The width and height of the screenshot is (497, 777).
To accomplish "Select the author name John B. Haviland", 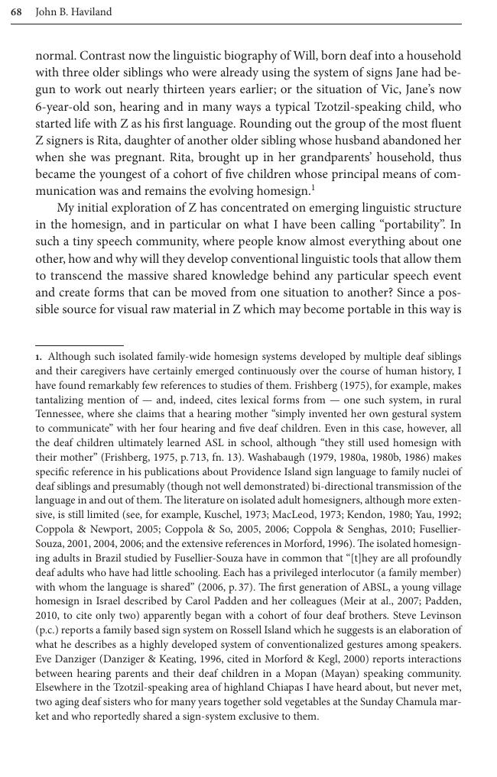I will pyautogui.click(x=73, y=12).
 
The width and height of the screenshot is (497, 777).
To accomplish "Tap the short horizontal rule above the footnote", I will pyautogui.click(x=79, y=345).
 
